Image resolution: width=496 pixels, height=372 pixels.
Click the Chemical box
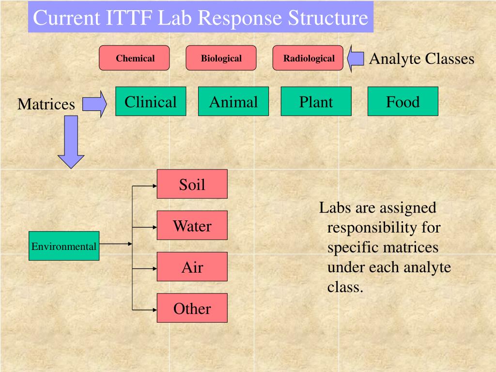(x=134, y=58)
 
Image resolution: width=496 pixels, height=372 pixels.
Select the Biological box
(x=221, y=58)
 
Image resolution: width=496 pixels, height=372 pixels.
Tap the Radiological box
(x=308, y=58)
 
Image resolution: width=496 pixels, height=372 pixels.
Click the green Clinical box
(x=151, y=101)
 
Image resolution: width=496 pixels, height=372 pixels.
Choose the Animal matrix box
(x=233, y=101)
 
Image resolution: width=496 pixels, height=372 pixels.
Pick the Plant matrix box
(x=316, y=101)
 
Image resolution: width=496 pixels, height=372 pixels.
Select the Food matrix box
(x=403, y=101)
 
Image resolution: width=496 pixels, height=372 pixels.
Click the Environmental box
(x=64, y=246)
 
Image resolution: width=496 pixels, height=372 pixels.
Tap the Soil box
(x=192, y=184)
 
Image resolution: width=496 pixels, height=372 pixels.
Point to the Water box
(x=192, y=225)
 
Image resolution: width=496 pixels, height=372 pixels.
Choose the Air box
(x=192, y=266)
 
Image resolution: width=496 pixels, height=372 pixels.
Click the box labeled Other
(x=192, y=308)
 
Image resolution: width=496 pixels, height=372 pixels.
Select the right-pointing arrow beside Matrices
(x=95, y=104)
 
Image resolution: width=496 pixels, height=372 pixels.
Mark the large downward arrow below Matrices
(x=71, y=142)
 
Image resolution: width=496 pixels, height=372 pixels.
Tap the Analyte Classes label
(x=421, y=59)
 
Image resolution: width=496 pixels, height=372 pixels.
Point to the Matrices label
(x=46, y=104)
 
